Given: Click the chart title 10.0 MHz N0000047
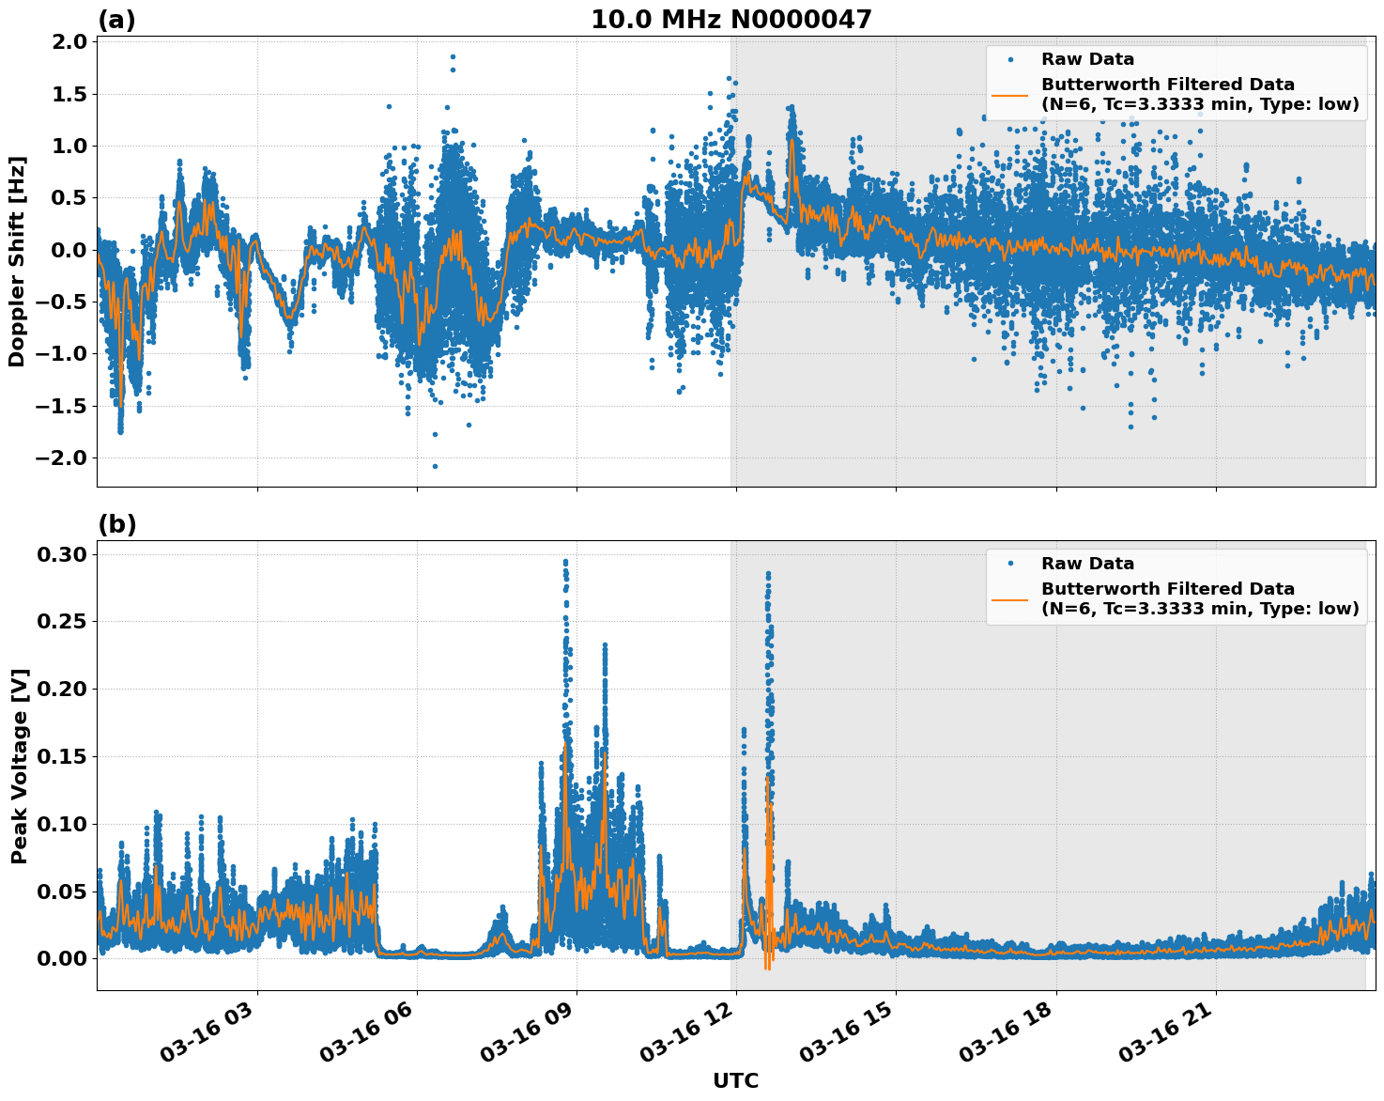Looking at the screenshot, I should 730,20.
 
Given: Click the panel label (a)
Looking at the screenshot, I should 116,20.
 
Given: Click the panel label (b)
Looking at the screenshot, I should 116,524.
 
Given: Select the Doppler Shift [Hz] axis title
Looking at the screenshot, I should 17,261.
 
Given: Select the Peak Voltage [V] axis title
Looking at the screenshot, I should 19,766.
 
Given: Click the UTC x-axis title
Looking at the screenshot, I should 735,1080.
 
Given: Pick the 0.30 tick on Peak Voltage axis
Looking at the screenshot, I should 62,554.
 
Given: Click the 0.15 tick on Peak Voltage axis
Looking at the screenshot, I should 62,756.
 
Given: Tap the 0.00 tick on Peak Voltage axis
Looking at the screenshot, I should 62,958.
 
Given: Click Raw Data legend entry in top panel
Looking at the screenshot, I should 1087,59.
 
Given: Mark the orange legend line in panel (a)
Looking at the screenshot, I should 1010,95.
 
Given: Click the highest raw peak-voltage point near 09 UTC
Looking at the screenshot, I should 565,562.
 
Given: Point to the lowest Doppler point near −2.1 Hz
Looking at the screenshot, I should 435,466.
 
